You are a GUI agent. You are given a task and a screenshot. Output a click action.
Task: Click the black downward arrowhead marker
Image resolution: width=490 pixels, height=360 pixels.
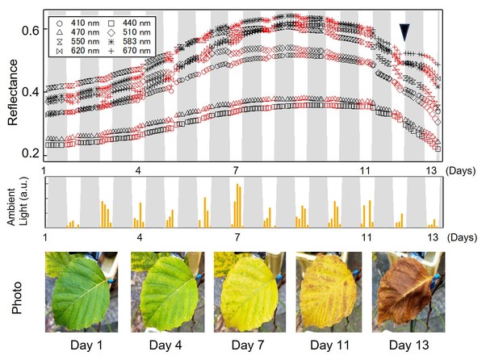[404, 31]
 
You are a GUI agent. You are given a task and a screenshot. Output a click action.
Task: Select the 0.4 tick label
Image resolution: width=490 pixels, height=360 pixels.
[31, 92]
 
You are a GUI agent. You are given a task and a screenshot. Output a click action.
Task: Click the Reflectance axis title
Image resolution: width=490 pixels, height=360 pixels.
[13, 91]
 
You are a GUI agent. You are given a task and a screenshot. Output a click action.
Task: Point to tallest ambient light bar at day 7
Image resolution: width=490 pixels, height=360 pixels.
[238, 206]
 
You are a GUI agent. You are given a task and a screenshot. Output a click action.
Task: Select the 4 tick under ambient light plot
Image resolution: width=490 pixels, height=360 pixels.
[140, 238]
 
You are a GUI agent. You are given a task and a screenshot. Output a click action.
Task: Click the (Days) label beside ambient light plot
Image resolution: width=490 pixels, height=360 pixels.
[465, 238]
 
